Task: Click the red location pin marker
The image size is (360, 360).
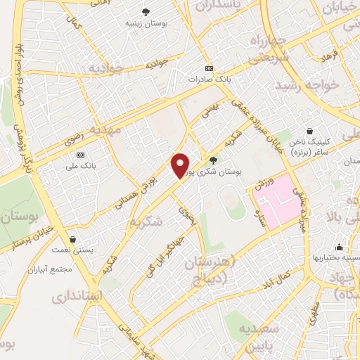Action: pyautogui.click(x=181, y=166)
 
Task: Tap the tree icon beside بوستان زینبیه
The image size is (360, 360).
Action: pyautogui.click(x=146, y=11)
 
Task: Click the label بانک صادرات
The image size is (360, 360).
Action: pyautogui.click(x=209, y=79)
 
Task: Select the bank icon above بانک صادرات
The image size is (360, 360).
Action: pyautogui.click(x=209, y=68)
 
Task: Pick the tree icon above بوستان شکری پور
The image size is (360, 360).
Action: pyautogui.click(x=213, y=160)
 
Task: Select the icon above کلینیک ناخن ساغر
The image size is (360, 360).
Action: pyautogui.click(x=310, y=131)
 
